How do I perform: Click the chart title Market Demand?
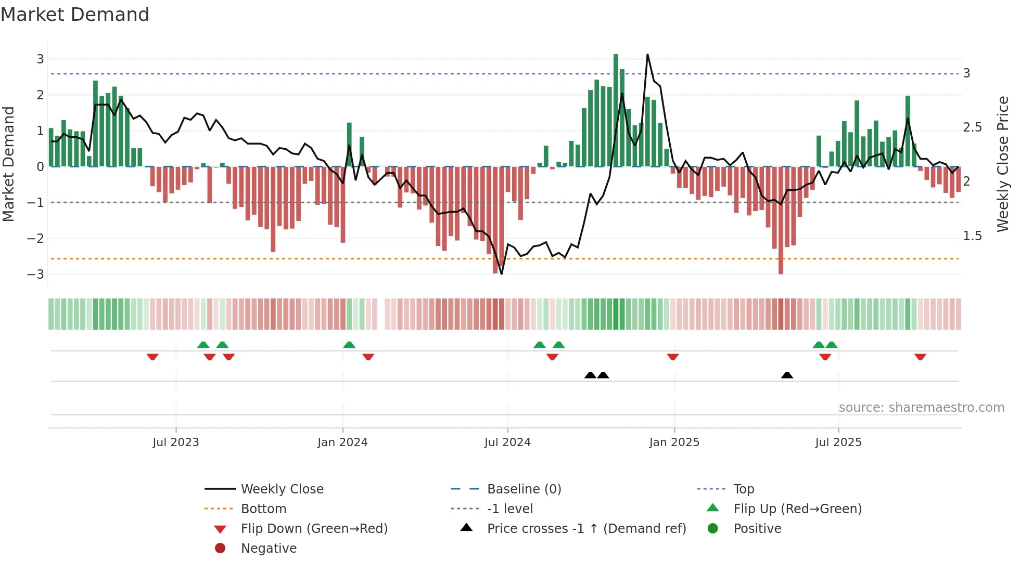pos(75,14)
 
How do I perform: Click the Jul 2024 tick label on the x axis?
pos(507,442)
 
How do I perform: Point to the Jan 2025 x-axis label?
pos(674,442)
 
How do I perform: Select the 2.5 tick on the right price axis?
pos(972,127)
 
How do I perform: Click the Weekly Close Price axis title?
pos(1002,164)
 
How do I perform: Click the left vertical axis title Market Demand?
pos(9,164)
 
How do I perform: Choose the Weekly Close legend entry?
pos(282,489)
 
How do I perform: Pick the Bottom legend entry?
pos(263,509)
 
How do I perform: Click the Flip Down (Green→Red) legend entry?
pos(314,529)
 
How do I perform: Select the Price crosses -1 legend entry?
pos(586,529)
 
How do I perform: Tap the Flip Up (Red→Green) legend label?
pos(797,509)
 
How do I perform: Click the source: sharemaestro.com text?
pos(921,408)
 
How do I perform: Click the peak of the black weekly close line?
pos(647,55)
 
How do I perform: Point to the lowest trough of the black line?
pos(501,274)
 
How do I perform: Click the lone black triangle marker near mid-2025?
pos(787,375)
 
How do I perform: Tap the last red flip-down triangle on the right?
pos(920,357)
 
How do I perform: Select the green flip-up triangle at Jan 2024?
pos(349,345)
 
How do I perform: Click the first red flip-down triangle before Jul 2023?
pos(152,357)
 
